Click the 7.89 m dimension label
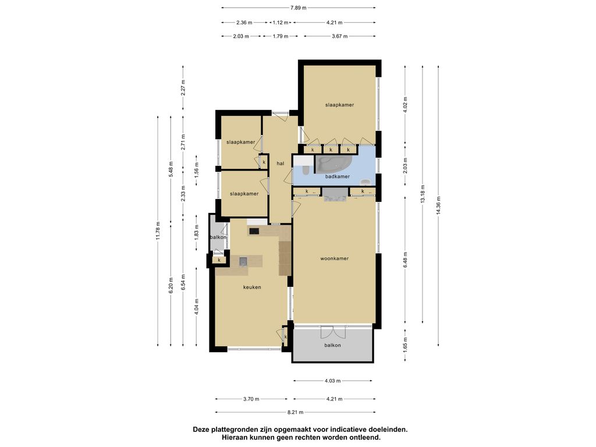pos(299,8)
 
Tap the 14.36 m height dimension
pos(438,206)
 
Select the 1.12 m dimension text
pos(281,23)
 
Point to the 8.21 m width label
pos(295,412)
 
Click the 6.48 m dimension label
pos(405,260)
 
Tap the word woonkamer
pos(335,258)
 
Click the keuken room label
pos(252,288)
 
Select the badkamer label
pos(338,176)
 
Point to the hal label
pos(281,164)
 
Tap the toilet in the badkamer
pos(305,169)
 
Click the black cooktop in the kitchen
pos(254,230)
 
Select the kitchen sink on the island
pos(243,261)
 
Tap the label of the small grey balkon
pos(218,237)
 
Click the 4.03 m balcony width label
pos(332,381)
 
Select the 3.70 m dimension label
pos(251,399)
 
